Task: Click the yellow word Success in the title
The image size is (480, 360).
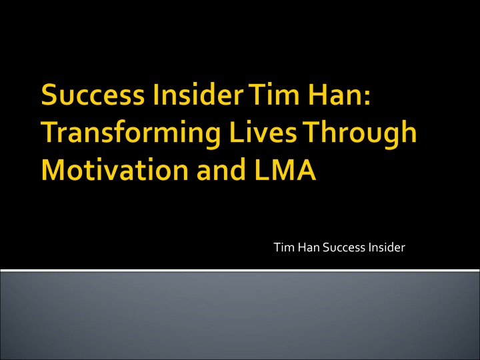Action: [x=93, y=95]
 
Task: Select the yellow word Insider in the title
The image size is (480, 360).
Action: [x=198, y=94]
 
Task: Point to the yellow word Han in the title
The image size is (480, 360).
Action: [x=334, y=95]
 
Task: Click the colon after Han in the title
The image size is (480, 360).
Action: [x=367, y=97]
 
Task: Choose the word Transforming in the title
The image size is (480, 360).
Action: [x=131, y=133]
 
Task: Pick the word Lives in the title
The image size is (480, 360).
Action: [x=263, y=132]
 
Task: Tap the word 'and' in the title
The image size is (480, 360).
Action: [x=221, y=169]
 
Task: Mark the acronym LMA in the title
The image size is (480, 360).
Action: [x=285, y=170]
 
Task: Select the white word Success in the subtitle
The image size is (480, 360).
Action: [x=344, y=247]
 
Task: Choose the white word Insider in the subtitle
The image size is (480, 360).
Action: [x=387, y=247]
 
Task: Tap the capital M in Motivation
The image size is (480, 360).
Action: [x=53, y=170]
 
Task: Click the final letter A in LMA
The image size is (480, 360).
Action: [x=305, y=170]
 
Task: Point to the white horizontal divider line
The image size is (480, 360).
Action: [x=240, y=270]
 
